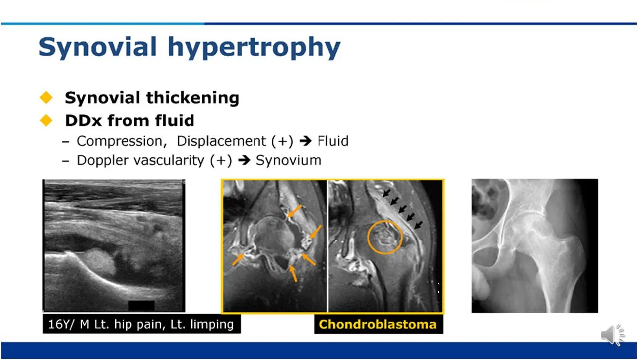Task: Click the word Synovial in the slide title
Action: [97, 47]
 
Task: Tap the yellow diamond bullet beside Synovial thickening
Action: [46, 97]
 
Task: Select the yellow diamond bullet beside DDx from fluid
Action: [46, 120]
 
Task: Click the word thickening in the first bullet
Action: [192, 98]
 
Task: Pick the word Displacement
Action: [221, 141]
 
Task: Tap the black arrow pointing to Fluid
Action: [305, 141]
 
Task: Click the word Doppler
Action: [103, 160]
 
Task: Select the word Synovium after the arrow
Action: [289, 160]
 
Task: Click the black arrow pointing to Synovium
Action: [244, 160]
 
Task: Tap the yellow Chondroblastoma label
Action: [378, 324]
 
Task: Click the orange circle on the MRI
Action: [368, 237]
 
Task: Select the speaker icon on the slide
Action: [613, 335]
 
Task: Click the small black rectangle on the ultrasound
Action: [141, 306]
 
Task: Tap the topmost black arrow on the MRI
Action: [386, 193]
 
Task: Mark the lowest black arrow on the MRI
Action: [418, 225]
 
